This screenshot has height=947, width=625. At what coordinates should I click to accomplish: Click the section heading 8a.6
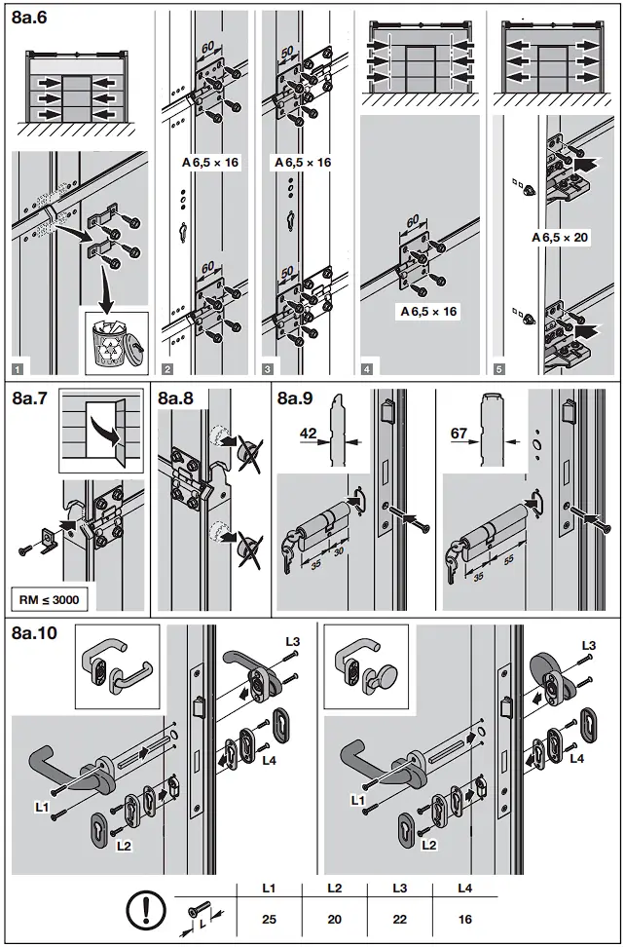[31, 17]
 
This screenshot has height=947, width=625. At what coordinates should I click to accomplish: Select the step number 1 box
[18, 368]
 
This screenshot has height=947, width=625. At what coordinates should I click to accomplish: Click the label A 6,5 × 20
[560, 237]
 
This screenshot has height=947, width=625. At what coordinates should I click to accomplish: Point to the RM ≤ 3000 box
[49, 599]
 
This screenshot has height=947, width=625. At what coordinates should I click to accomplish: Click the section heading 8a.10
[34, 633]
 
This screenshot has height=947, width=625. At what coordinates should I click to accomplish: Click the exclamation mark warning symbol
[145, 912]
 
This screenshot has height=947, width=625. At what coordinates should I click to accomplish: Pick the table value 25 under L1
[270, 918]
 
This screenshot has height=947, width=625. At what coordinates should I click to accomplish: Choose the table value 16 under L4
[464, 918]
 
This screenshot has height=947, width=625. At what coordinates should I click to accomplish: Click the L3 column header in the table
[399, 888]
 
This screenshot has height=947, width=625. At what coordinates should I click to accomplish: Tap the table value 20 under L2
[334, 918]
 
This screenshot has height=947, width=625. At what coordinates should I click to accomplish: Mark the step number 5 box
[499, 368]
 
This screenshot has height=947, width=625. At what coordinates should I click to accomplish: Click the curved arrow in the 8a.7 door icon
[100, 429]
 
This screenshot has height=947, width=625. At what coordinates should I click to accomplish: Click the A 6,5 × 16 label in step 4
[428, 312]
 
